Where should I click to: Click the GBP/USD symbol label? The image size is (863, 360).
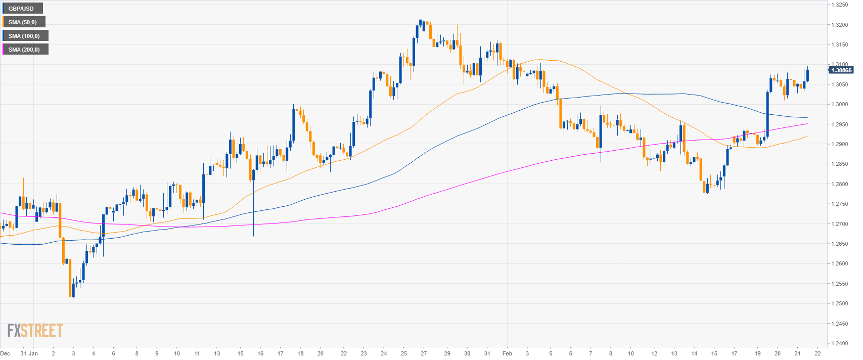pyautogui.click(x=21, y=9)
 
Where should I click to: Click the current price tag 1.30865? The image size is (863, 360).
pyautogui.click(x=841, y=70)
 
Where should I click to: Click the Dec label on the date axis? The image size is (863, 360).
pyautogui.click(x=5, y=353)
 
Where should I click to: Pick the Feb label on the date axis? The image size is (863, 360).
pyautogui.click(x=507, y=353)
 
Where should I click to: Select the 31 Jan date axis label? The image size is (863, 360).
pyautogui.click(x=29, y=353)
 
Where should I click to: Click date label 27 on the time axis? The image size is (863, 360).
pyautogui.click(x=423, y=353)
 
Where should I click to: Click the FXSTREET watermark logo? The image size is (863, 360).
pyautogui.click(x=35, y=331)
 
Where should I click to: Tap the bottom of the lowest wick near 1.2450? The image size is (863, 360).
pyautogui.click(x=70, y=328)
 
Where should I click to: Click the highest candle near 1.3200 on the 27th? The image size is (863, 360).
pyautogui.click(x=421, y=23)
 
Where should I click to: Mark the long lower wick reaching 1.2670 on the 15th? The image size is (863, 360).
pyautogui.click(x=253, y=235)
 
